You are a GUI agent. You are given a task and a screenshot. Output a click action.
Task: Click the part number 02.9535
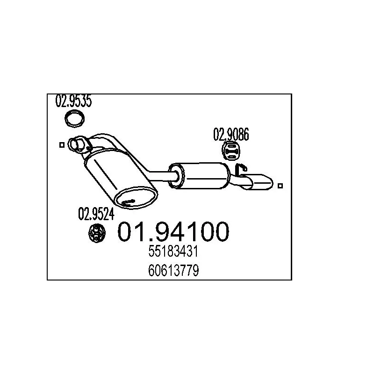click(73, 101)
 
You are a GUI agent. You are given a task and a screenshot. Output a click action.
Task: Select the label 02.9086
click(231, 134)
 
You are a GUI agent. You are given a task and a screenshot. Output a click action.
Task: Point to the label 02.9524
click(96, 214)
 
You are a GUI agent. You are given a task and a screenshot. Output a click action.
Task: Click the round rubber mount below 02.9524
click(97, 233)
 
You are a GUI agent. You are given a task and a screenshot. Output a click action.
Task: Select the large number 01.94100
click(173, 231)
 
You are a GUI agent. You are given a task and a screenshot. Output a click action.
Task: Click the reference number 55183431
click(173, 251)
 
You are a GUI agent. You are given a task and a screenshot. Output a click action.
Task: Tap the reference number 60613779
click(173, 270)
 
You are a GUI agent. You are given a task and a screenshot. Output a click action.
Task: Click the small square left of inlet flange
click(62, 145)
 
